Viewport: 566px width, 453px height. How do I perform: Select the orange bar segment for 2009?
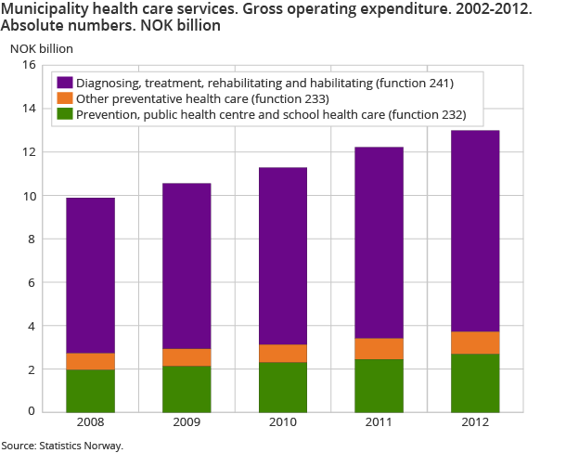tap(187, 357)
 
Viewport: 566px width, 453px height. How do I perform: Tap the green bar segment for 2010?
tap(283, 386)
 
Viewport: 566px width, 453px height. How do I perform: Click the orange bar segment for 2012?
tap(475, 343)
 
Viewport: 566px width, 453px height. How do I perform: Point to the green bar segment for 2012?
tap(475, 382)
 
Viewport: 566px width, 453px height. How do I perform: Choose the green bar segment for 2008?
tap(90, 390)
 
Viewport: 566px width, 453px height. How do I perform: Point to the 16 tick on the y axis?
tap(28, 65)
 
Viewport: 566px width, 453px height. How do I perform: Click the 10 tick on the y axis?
tap(28, 196)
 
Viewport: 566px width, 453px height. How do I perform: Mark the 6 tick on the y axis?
tap(31, 283)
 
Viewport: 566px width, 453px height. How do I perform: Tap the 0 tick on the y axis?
tap(31, 411)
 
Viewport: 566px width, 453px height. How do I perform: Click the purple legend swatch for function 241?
tap(64, 84)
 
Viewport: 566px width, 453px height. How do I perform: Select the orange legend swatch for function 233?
tap(64, 98)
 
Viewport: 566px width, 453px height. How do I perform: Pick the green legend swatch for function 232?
tap(64, 114)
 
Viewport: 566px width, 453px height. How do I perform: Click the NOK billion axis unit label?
tap(41, 46)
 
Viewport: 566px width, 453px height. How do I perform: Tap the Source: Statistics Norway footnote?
tap(62, 446)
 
